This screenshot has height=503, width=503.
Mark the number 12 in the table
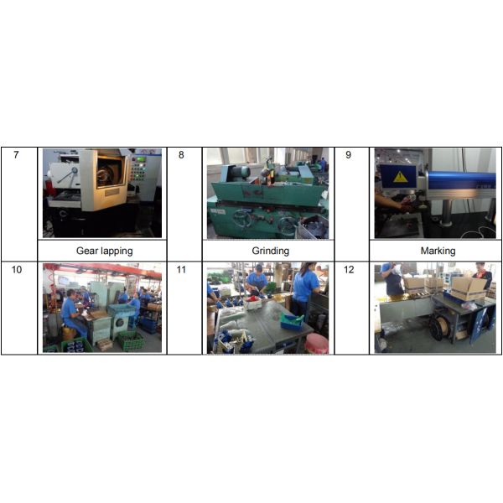(350, 270)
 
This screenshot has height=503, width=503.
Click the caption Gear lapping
(104, 251)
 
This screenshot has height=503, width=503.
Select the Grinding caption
(270, 251)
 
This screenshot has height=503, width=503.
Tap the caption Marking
(438, 251)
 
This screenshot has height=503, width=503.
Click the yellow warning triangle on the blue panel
(401, 177)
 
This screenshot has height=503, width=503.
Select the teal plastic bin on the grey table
(291, 321)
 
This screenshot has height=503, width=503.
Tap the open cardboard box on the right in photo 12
(468, 286)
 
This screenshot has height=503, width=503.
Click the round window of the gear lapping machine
(106, 175)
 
